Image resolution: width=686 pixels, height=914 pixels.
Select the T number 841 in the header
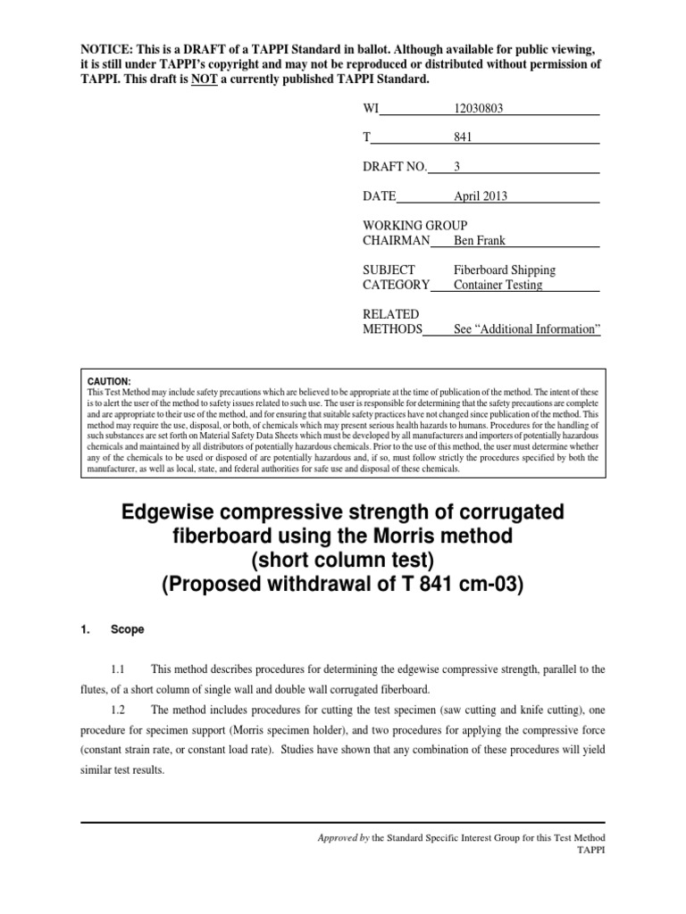[x=463, y=137]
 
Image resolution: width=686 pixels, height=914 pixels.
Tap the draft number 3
[x=457, y=167]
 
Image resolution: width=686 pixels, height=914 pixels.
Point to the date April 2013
[x=481, y=196]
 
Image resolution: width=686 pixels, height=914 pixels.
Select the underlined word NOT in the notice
[x=204, y=80]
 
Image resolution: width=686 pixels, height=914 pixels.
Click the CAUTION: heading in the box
[x=109, y=380]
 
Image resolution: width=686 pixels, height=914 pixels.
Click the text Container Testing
[x=498, y=285]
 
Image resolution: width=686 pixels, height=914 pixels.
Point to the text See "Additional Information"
[x=526, y=329]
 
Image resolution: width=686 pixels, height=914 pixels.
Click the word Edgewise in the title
[x=171, y=513]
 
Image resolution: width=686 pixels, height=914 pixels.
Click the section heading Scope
[x=127, y=629]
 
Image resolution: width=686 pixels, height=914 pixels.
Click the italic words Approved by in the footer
[x=344, y=837]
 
